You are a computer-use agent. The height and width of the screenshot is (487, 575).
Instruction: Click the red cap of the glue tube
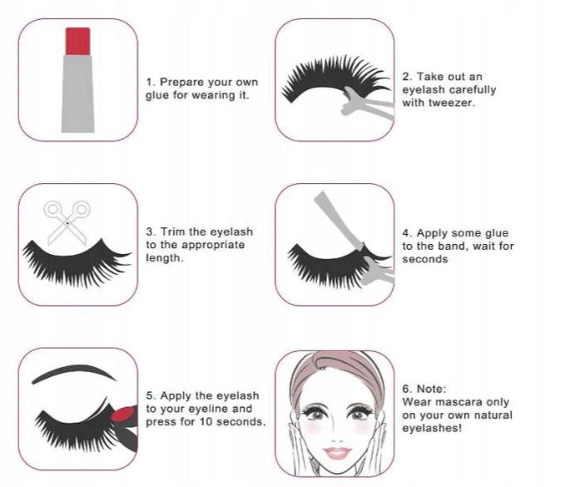coord(77,41)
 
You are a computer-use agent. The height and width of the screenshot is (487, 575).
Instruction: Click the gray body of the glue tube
coord(77,93)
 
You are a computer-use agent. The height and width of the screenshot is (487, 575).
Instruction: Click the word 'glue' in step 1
coord(157,96)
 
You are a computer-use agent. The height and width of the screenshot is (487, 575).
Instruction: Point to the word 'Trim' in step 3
coord(173,232)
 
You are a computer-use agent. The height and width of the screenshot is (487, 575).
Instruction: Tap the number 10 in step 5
coord(206,422)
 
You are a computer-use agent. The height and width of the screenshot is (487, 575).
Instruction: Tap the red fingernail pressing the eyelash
coord(123,414)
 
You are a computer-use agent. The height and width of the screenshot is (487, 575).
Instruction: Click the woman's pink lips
coord(338,453)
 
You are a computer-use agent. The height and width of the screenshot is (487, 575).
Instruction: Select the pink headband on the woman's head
coord(337,367)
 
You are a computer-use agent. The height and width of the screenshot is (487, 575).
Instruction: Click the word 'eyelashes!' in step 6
coord(432,428)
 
